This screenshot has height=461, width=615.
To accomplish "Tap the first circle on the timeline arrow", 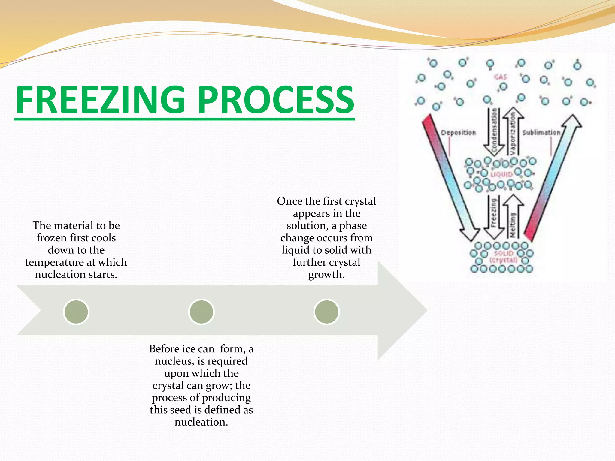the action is (76, 312).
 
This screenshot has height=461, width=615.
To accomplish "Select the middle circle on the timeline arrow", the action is (201, 312).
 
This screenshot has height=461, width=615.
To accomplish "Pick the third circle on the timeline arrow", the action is (326, 312).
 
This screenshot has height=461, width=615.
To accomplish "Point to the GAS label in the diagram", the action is (500, 77).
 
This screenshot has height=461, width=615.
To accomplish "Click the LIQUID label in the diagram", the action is (502, 174).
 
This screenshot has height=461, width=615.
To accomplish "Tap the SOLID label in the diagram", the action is (504, 253).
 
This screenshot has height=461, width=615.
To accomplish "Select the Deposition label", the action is (458, 133).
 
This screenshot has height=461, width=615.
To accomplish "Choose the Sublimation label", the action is (541, 133).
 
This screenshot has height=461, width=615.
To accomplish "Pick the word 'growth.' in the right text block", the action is (326, 274).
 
